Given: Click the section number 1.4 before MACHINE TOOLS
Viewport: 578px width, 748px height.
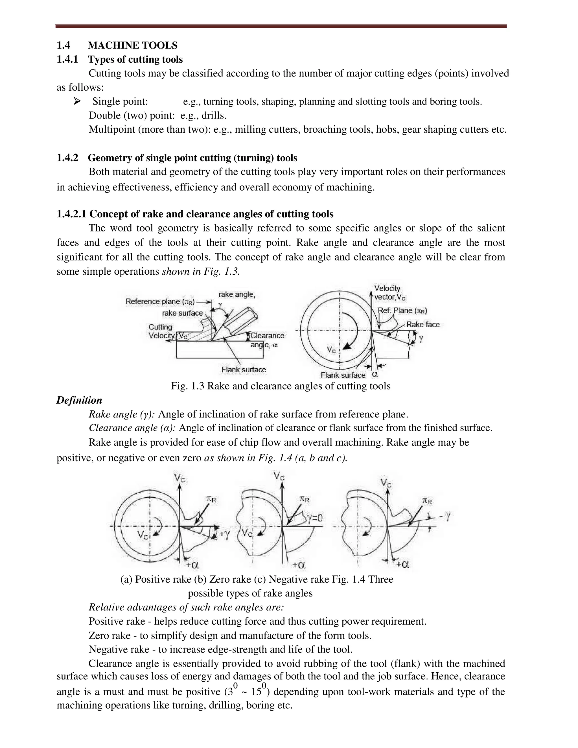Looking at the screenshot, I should click(63, 45).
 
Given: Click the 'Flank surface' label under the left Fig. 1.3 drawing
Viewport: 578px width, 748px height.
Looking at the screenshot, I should click(244, 369).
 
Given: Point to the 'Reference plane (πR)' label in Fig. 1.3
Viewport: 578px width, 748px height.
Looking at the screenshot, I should click(160, 301).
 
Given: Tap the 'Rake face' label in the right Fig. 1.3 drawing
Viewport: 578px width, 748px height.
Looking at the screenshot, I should click(422, 324).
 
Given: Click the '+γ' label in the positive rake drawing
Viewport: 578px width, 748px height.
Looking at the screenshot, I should click(224, 533).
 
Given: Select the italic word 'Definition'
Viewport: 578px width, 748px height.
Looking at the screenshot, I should click(79, 400).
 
